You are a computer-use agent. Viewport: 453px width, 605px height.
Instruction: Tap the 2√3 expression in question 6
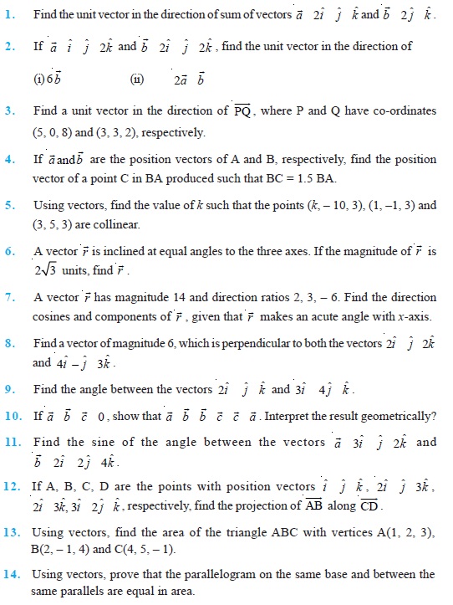[x=48, y=270]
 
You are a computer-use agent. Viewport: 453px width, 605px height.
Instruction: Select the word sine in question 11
[x=132, y=442]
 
